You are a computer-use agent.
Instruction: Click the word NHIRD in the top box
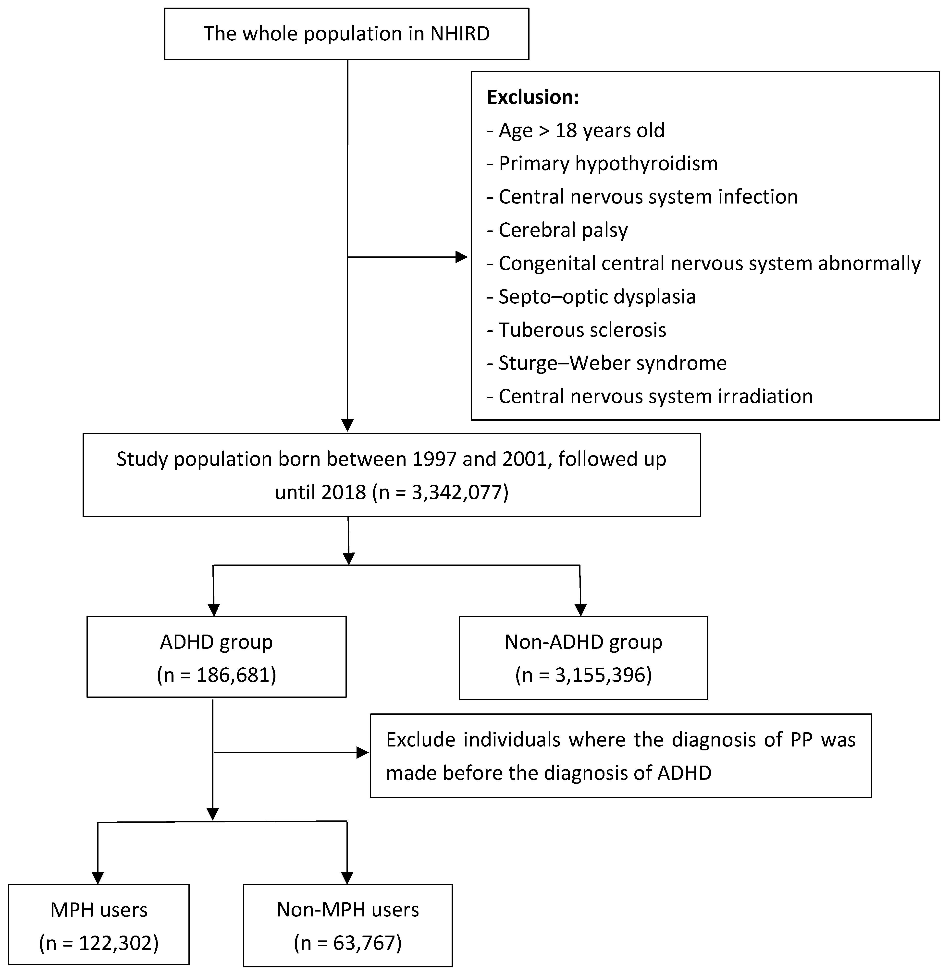(x=459, y=34)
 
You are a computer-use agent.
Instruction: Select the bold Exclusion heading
(x=532, y=97)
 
